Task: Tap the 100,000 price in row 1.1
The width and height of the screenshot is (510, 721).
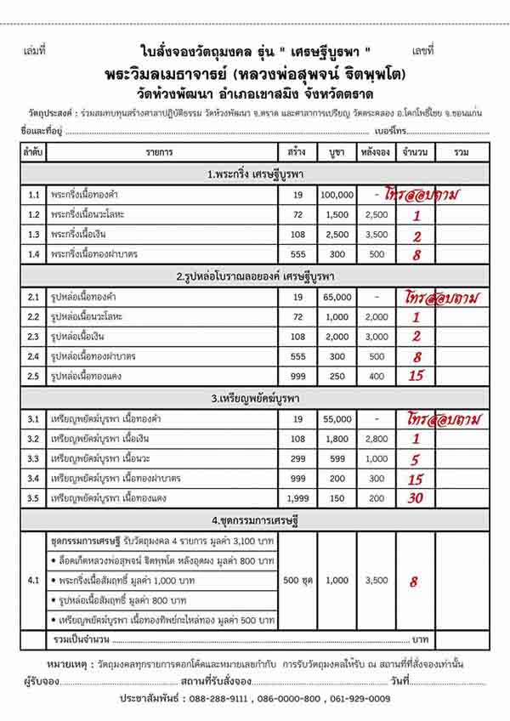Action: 337,195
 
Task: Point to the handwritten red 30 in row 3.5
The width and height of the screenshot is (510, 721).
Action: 415,498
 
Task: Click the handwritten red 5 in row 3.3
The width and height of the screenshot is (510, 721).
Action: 416,459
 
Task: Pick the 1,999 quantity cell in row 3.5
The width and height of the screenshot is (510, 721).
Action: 297,498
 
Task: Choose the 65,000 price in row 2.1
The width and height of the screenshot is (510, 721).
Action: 337,298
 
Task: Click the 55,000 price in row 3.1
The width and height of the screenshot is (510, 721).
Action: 337,420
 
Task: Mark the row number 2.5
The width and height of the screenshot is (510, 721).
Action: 34,376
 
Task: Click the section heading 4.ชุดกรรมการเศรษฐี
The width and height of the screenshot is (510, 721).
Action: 259,519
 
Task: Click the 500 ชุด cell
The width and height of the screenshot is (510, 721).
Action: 297,581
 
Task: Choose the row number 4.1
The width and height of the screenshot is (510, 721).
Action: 34,581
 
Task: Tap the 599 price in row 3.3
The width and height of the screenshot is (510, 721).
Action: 337,459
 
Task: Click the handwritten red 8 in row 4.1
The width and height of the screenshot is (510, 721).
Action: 414,582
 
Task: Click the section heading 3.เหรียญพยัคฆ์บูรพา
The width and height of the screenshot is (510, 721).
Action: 259,398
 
